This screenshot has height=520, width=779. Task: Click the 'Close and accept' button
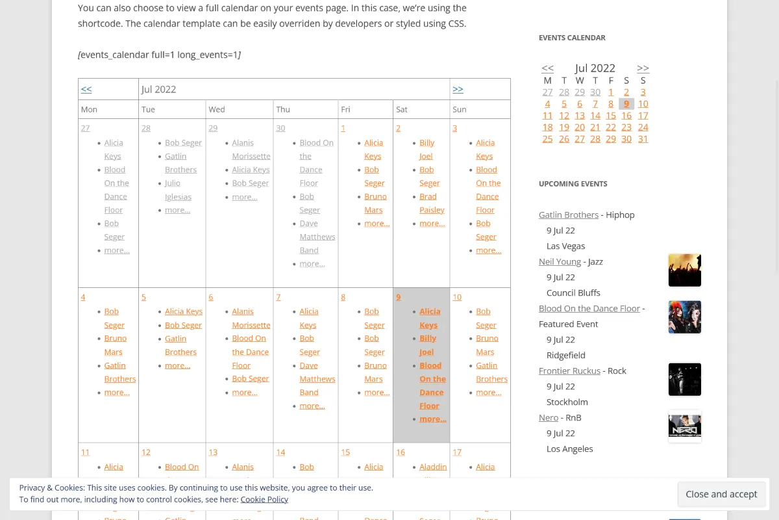(x=721, y=494)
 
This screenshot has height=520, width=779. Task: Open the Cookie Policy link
(x=264, y=499)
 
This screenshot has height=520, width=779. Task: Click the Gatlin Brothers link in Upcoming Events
(x=568, y=214)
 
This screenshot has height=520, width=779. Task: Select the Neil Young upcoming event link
(x=560, y=261)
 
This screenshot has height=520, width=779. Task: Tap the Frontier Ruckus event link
(x=569, y=370)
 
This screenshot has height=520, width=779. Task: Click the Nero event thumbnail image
(x=685, y=426)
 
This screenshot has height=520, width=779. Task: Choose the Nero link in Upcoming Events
(x=548, y=417)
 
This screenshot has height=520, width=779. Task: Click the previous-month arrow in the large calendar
(x=86, y=89)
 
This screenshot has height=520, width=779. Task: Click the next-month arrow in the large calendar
(x=458, y=89)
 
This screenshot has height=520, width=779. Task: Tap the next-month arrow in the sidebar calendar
(x=643, y=68)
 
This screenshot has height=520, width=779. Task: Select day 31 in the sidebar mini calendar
(x=643, y=138)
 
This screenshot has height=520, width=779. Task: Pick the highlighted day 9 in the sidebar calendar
(x=626, y=103)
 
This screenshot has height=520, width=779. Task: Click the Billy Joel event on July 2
(x=427, y=149)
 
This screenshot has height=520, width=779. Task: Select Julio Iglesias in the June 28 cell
(x=178, y=190)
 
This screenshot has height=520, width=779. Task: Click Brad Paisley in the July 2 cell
(x=432, y=203)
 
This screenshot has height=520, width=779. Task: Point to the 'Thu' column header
(x=283, y=109)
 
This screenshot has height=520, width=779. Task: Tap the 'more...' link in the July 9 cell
(x=432, y=419)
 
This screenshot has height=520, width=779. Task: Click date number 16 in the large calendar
(x=401, y=452)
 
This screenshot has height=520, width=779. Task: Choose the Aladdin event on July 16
(x=433, y=467)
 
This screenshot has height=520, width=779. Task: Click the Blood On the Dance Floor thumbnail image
(x=685, y=317)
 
